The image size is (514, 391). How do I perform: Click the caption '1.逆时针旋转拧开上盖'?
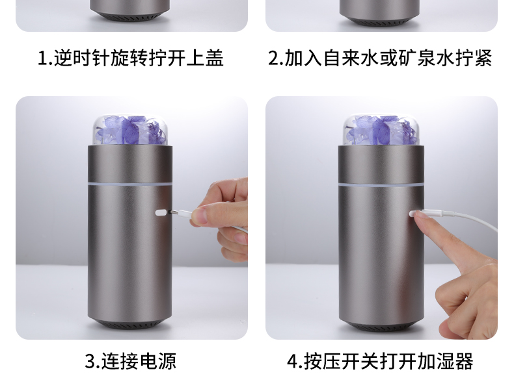(x=131, y=58)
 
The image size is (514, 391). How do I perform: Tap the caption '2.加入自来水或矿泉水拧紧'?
(x=380, y=58)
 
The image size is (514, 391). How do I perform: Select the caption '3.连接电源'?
(x=131, y=361)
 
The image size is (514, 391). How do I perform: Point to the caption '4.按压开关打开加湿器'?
(x=380, y=361)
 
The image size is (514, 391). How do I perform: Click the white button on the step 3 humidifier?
(x=161, y=213)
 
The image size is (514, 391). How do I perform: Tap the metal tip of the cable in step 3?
(x=173, y=212)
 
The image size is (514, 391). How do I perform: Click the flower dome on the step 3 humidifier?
(x=131, y=130)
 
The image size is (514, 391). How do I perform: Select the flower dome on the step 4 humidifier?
(x=381, y=130)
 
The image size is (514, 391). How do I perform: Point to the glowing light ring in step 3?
(x=130, y=184)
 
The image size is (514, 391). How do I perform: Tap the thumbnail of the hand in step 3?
(x=198, y=218)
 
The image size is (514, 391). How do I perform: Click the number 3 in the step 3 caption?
(x=90, y=361)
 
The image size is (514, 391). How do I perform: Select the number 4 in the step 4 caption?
(x=292, y=361)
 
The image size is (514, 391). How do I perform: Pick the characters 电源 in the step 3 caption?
(x=158, y=361)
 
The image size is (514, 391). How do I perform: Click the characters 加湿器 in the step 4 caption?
(x=446, y=361)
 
